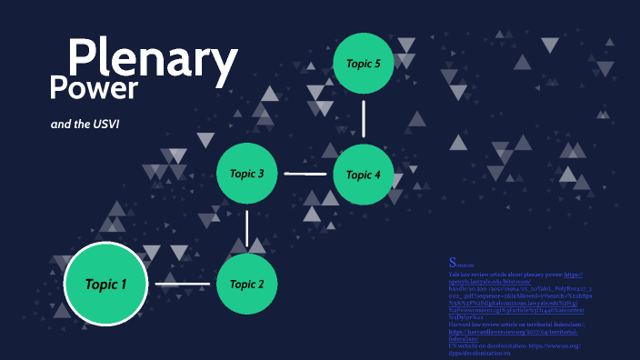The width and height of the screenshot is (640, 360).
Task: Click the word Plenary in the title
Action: (x=153, y=60)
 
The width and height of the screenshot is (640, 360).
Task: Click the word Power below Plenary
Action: (x=94, y=88)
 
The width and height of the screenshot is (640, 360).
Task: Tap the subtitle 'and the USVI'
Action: (x=85, y=124)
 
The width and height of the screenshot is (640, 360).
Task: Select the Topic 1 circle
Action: (x=105, y=285)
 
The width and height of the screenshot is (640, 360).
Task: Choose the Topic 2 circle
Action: (x=247, y=284)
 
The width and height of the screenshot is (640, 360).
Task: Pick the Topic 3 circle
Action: (x=247, y=173)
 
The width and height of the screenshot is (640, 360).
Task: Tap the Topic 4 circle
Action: (x=364, y=175)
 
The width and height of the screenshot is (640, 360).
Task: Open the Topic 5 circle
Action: (x=364, y=63)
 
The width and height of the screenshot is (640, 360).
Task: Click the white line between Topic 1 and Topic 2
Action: (x=182, y=285)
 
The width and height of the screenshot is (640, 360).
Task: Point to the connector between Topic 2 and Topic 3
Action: (x=247, y=228)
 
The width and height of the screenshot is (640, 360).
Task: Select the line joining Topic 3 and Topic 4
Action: (x=305, y=173)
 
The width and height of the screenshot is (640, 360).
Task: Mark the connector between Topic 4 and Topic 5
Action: (x=364, y=118)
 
